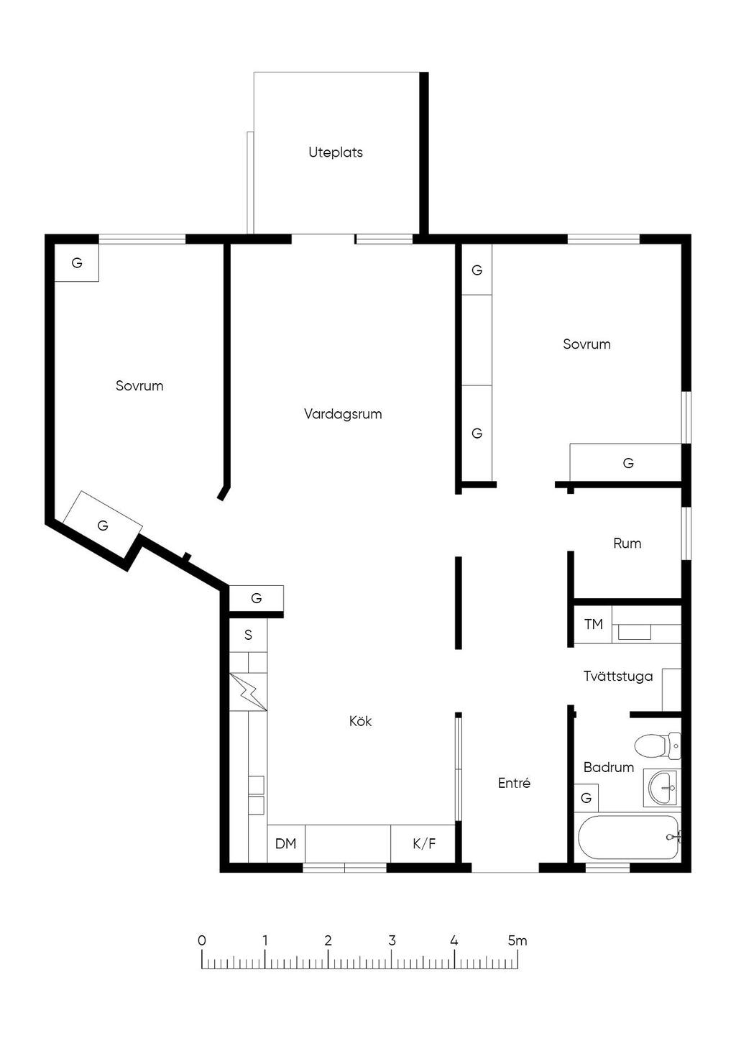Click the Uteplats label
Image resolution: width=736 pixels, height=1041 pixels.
point(336,152)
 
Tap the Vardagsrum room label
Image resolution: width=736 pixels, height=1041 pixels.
point(343,413)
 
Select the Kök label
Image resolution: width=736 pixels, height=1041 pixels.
point(360,721)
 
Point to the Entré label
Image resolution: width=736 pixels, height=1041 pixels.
point(514,783)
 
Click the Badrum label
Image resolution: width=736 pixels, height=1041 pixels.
point(609,767)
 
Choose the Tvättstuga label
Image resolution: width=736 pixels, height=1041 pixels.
point(618,677)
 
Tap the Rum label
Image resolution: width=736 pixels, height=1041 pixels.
point(627,544)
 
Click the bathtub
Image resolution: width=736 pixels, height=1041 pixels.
point(628,838)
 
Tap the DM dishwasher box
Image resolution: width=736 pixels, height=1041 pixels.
point(286,843)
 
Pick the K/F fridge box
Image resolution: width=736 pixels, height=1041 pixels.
point(423,843)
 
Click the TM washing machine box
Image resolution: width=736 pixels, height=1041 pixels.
point(594,624)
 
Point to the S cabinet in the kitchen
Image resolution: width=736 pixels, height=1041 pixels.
point(248,635)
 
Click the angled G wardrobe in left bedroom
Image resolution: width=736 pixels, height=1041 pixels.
point(103,525)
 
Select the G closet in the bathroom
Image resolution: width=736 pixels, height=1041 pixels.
point(586,798)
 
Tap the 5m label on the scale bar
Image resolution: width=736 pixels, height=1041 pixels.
point(517,941)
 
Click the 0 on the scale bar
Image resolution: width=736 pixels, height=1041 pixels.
point(201,941)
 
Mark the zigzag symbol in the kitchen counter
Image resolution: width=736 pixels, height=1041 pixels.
point(248,692)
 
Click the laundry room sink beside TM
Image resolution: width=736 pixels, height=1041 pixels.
point(634,633)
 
